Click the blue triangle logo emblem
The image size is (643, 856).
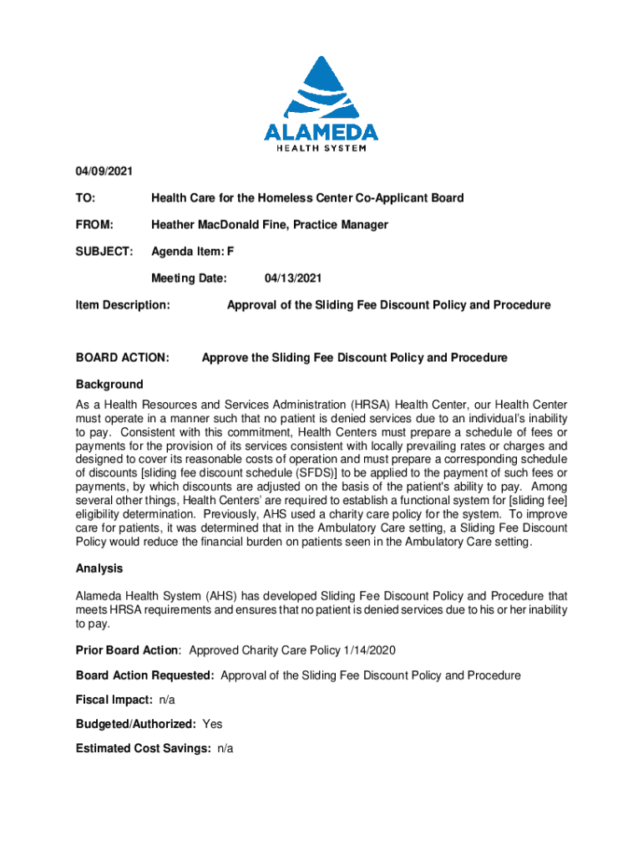click(x=321, y=88)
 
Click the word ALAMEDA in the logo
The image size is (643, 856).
click(x=321, y=132)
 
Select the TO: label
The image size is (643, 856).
click(x=85, y=198)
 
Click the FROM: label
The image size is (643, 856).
click(x=94, y=225)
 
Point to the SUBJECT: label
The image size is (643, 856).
click(x=104, y=252)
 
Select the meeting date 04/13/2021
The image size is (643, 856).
click(x=293, y=278)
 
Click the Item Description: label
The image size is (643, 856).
click(x=124, y=305)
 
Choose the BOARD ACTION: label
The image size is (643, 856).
click(x=123, y=358)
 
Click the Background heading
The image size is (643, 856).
click(x=109, y=385)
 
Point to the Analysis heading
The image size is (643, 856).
click(x=99, y=568)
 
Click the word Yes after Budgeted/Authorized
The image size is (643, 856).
click(x=213, y=724)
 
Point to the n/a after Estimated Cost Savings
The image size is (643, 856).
click(x=225, y=748)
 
